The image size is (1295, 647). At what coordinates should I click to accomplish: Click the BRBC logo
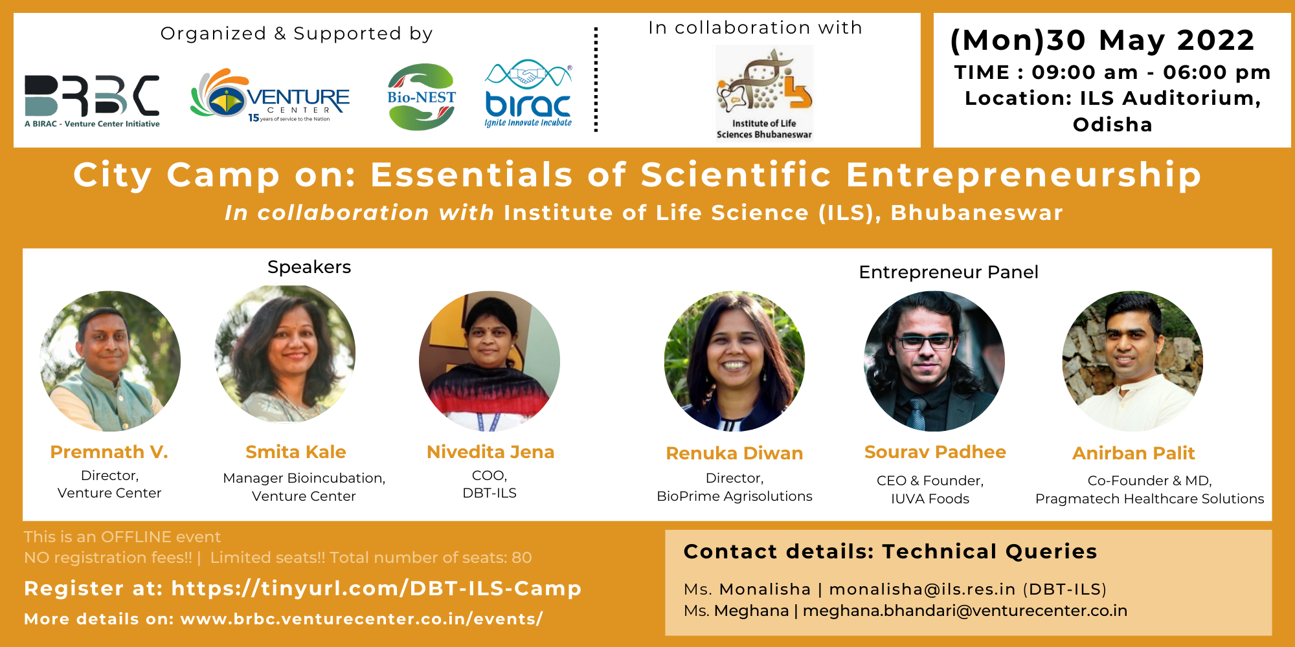[x=92, y=101]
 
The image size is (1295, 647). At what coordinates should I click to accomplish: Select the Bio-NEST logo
[x=422, y=97]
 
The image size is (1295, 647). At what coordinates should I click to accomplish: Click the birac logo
[x=528, y=94]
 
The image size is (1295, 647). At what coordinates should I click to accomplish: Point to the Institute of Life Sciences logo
[x=764, y=93]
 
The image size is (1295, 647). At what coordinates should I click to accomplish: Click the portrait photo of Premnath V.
[x=110, y=361]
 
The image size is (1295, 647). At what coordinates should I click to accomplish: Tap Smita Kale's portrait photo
[x=285, y=353]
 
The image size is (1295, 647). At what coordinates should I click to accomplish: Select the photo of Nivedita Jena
[x=490, y=361]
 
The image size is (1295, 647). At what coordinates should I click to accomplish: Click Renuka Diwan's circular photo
[x=734, y=361]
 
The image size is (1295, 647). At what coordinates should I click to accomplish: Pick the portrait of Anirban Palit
[x=1132, y=361]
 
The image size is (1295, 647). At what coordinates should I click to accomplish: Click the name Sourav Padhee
[x=935, y=452]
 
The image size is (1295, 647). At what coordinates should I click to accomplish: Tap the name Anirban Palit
[x=1134, y=454]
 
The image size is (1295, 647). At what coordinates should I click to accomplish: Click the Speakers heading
[x=309, y=267]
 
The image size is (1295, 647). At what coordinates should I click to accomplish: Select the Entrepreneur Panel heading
[x=949, y=272]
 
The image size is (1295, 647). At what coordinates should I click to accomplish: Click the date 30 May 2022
[x=1151, y=40]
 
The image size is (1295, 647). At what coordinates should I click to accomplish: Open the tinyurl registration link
[x=376, y=588]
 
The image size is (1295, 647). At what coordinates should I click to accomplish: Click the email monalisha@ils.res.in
[x=922, y=589]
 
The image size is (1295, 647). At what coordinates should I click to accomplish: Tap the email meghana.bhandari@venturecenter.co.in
[x=965, y=611]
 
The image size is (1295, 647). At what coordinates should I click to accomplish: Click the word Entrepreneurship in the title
[x=1024, y=175]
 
